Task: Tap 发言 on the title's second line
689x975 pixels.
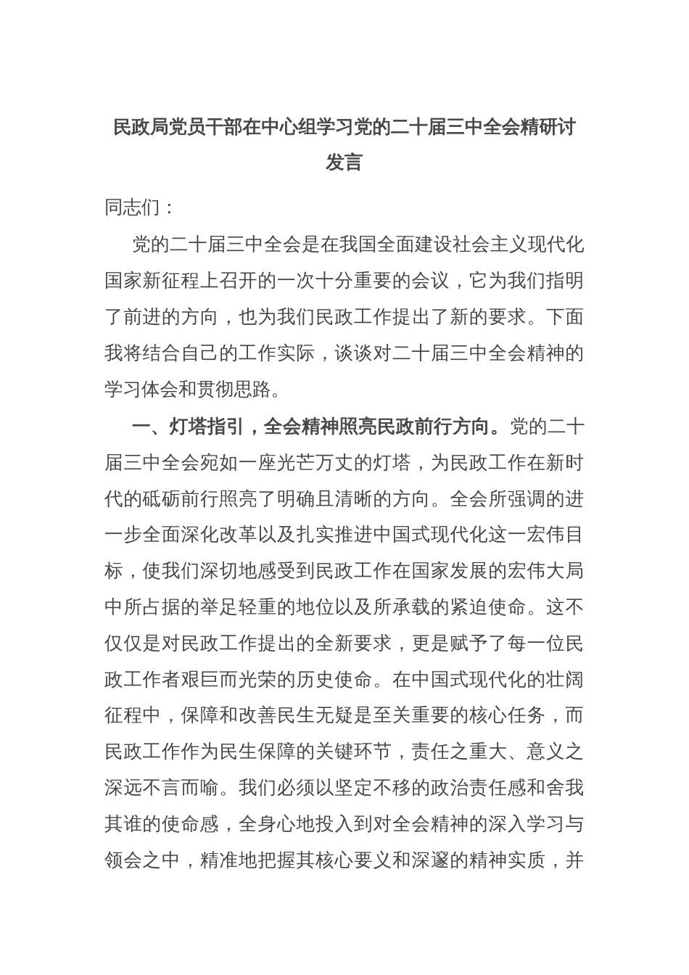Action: pyautogui.click(x=344, y=162)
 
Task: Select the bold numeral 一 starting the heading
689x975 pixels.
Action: pyautogui.click(x=141, y=426)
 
